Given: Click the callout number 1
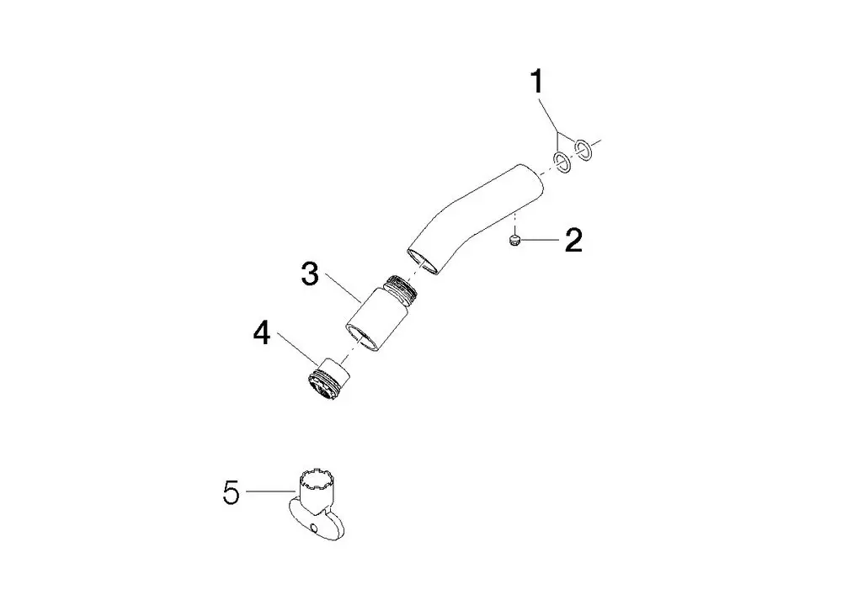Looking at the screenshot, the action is pos(536,82).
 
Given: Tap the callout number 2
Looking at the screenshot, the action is pos(573,241).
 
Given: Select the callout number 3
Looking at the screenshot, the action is pos(310,274).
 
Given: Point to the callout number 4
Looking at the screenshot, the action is pos(262,333).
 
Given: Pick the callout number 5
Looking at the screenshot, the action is pos(232,492).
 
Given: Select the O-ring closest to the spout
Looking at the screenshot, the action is pos(562,162).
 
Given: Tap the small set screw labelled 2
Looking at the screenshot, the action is pos(515,241).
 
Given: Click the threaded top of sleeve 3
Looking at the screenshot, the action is pos(401,286).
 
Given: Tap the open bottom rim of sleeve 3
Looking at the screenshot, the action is pos(360,339).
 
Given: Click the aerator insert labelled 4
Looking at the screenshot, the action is pos(328,379).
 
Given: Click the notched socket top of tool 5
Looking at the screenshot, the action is pos(314,480).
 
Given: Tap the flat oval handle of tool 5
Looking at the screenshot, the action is pos(316,518).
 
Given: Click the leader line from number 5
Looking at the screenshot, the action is pos(271,491).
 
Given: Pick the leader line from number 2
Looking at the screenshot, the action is pos(540,241).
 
